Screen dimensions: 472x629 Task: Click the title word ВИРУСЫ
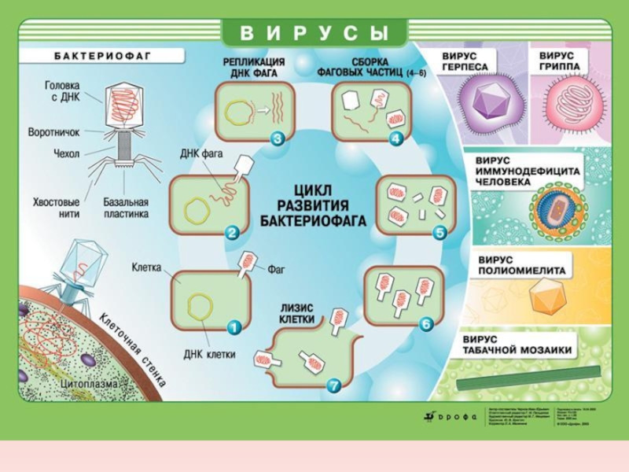[x=315, y=33]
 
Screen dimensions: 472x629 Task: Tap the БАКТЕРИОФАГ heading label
[x=102, y=57]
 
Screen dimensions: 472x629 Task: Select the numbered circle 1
[x=234, y=324]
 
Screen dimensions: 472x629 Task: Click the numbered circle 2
[x=232, y=232]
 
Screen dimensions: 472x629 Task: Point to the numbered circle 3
[x=277, y=139]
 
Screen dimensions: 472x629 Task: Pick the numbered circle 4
[x=395, y=139]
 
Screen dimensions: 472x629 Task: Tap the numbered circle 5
[x=440, y=232]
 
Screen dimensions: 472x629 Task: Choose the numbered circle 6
[x=425, y=323]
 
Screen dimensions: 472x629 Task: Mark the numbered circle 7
[x=333, y=385]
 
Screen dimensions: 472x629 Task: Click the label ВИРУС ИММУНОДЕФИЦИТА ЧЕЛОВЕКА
[x=527, y=170]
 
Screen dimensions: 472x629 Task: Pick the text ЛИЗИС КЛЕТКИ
[x=297, y=314]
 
